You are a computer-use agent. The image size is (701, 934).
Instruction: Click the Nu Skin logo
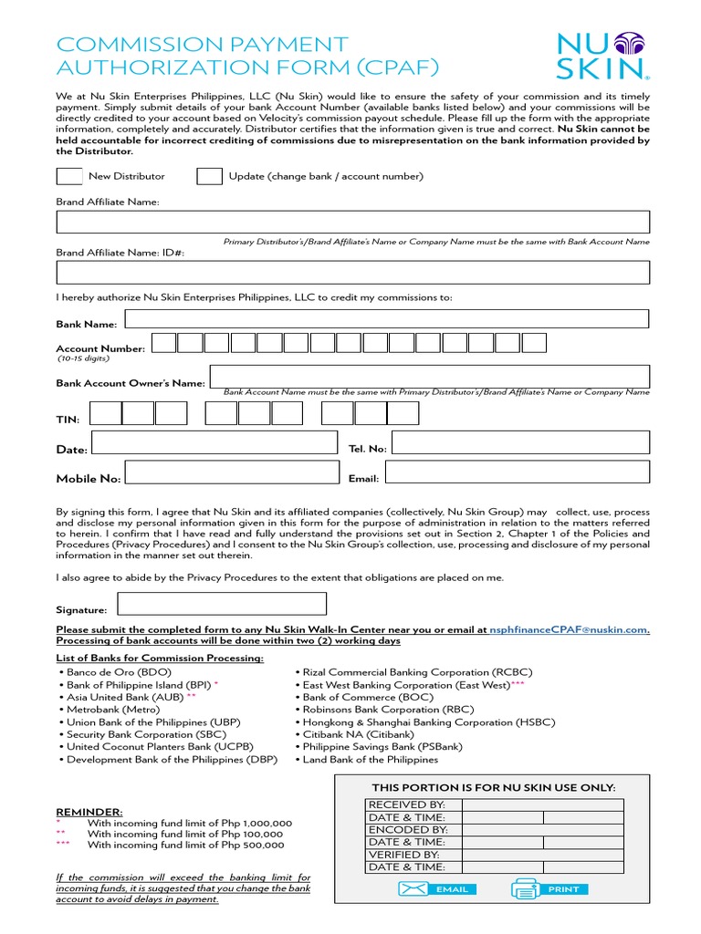(x=603, y=57)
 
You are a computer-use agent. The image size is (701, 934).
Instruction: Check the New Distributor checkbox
(x=69, y=176)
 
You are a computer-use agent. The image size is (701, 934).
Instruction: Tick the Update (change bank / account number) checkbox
(x=209, y=176)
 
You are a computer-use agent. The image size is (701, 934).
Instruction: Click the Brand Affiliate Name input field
(x=353, y=222)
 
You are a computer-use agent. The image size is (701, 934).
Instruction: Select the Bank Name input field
(x=386, y=318)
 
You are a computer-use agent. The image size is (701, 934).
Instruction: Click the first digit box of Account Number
(x=163, y=343)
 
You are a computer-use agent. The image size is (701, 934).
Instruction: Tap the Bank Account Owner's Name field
(x=429, y=376)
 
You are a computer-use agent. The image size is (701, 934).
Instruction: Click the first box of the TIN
(x=105, y=413)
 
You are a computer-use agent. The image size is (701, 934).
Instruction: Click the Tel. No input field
(x=521, y=442)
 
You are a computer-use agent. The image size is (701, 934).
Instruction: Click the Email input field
(x=517, y=472)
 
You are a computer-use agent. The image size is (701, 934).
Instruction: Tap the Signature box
(x=222, y=604)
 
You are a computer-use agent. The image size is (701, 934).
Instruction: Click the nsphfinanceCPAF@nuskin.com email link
(x=568, y=629)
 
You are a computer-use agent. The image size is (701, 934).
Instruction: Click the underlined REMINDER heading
(x=89, y=811)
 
